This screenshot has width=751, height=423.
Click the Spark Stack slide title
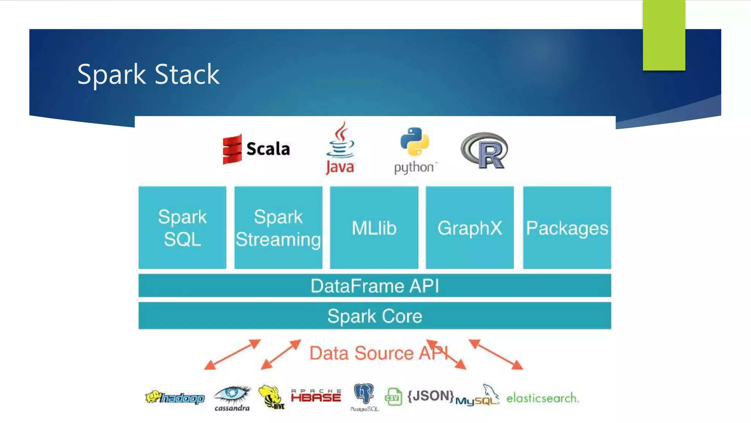click(148, 75)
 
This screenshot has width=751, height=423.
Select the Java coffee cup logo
click(341, 141)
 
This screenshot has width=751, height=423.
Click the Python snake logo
click(415, 142)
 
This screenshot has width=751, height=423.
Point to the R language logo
click(484, 150)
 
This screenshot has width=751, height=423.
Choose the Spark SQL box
click(182, 228)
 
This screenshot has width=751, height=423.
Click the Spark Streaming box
click(278, 228)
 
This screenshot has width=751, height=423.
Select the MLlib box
click(374, 228)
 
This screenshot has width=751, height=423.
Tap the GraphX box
click(470, 228)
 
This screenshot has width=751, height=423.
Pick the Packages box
click(567, 228)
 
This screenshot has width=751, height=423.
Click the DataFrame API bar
click(374, 286)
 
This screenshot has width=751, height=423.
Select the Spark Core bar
click(374, 316)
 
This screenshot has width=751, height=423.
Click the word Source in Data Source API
click(384, 353)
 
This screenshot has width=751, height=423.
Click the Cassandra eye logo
click(232, 395)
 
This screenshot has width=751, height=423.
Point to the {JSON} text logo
click(431, 396)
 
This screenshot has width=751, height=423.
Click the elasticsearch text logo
click(542, 398)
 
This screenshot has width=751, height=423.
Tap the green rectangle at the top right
click(664, 35)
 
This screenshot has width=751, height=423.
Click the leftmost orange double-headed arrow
click(232, 354)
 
